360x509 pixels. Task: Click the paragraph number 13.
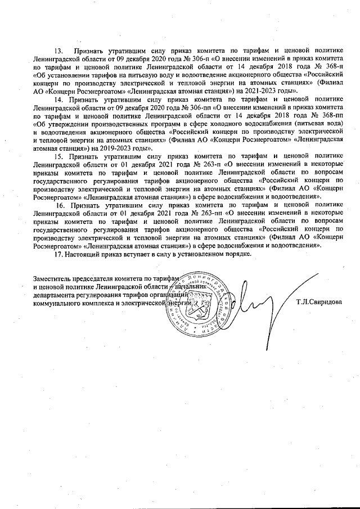[x=57, y=52]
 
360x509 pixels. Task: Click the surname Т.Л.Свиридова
[x=318, y=303]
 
